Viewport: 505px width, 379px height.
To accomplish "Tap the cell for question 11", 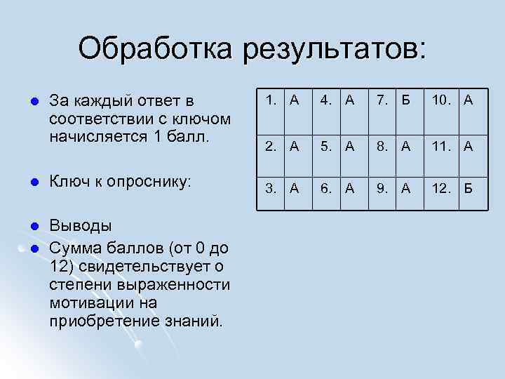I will pyautogui.click(x=451, y=146).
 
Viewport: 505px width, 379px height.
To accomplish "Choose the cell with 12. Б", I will pyautogui.click(x=451, y=187).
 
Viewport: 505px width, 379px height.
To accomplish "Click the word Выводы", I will pyautogui.click(x=80, y=226).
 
